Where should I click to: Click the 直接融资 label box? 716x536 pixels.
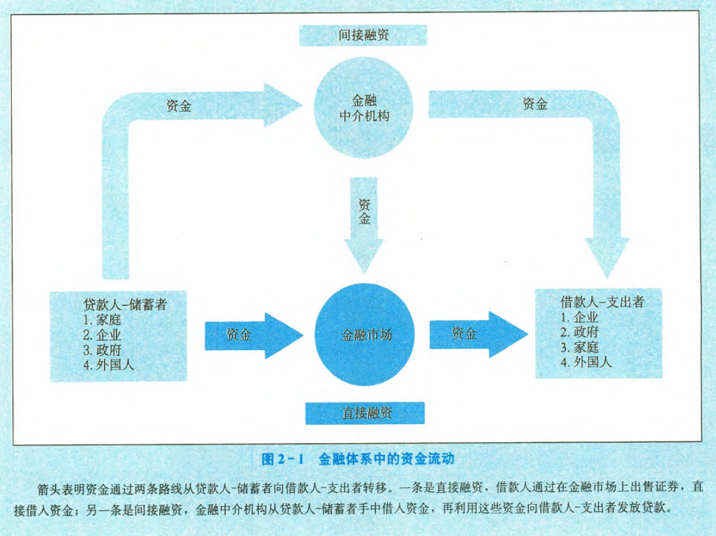(x=365, y=412)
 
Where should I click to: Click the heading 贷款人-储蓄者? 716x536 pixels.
(x=122, y=305)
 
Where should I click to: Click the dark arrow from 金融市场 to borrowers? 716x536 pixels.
(x=476, y=334)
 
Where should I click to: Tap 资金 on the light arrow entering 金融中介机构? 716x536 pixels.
(x=179, y=107)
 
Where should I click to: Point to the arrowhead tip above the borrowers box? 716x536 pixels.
(x=607, y=278)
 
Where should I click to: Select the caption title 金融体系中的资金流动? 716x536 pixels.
(x=386, y=459)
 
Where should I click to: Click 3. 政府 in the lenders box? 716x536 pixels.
(x=102, y=349)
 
